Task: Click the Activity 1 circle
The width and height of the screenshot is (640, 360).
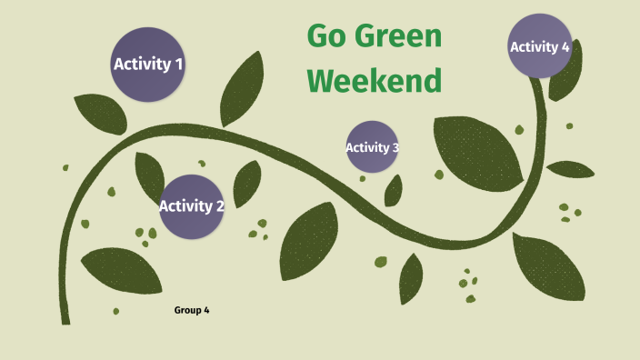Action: [148, 64]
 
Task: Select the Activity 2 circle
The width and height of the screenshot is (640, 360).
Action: [192, 206]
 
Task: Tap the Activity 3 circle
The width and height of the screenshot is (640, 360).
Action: [372, 146]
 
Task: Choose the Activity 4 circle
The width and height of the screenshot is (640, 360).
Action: [540, 46]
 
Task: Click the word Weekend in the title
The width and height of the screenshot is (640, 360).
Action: [375, 81]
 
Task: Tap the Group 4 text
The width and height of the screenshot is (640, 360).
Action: [192, 311]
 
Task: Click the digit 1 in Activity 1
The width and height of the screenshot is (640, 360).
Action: [179, 65]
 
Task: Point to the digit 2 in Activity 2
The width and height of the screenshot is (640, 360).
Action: [220, 206]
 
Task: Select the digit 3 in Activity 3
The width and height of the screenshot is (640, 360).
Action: [395, 147]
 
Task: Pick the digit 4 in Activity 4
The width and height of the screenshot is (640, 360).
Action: [565, 47]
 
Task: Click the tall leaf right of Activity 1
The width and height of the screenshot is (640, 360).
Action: [242, 90]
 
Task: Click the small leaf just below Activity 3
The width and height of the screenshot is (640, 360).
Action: [394, 191]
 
